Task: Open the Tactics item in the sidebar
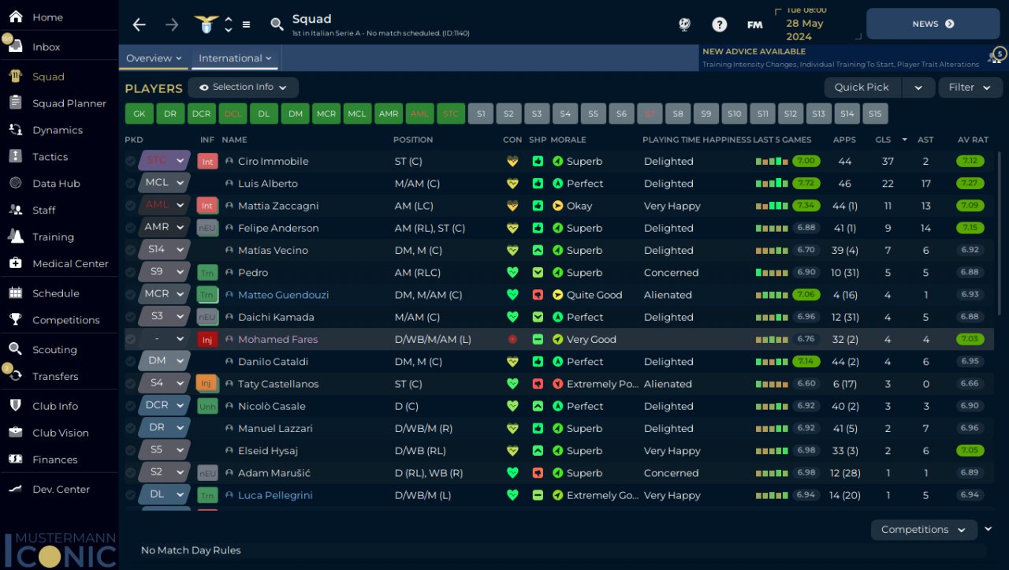pyautogui.click(x=50, y=157)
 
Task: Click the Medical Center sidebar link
pyautogui.click(x=70, y=263)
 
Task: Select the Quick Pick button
pyautogui.click(x=862, y=88)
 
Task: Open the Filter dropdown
pyautogui.click(x=970, y=88)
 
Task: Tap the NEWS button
pyautogui.click(x=933, y=24)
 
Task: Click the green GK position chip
pyautogui.click(x=140, y=114)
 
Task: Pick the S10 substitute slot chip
pyautogui.click(x=734, y=114)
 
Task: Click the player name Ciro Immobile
pyautogui.click(x=273, y=162)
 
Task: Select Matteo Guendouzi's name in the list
pyautogui.click(x=283, y=295)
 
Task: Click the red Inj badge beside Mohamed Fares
pyautogui.click(x=207, y=339)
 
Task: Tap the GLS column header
pyautogui.click(x=883, y=140)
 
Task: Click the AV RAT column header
pyautogui.click(x=973, y=140)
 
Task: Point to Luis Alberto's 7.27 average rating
pyautogui.click(x=970, y=184)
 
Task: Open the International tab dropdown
pyautogui.click(x=235, y=58)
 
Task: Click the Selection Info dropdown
pyautogui.click(x=243, y=88)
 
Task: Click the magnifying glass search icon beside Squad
pyautogui.click(x=277, y=24)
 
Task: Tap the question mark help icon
pyautogui.click(x=720, y=24)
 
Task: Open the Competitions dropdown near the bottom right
pyautogui.click(x=923, y=530)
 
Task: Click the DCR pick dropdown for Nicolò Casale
pyautogui.click(x=164, y=405)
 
